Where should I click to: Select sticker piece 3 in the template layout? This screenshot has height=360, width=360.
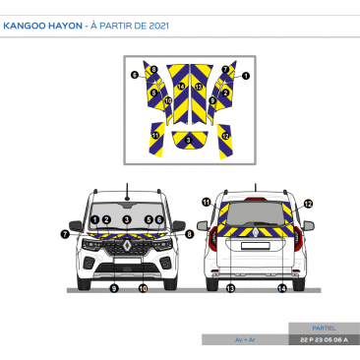[187, 140]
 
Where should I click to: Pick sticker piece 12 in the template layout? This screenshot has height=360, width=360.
[225, 133]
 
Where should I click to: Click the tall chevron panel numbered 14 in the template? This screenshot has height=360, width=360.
[181, 89]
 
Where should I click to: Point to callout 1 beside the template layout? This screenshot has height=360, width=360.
[246, 76]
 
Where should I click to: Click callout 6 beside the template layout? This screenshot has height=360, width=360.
[134, 75]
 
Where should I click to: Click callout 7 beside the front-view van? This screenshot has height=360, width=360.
[64, 234]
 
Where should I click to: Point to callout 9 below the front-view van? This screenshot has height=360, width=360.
[114, 288]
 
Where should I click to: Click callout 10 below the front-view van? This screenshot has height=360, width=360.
[143, 288]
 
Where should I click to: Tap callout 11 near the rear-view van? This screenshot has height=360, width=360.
[207, 202]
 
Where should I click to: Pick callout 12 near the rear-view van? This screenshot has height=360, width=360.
[308, 204]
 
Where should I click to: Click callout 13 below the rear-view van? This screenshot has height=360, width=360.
[230, 288]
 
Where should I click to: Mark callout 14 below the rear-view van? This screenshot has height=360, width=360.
[282, 288]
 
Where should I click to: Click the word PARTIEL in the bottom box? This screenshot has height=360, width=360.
[323, 328]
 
